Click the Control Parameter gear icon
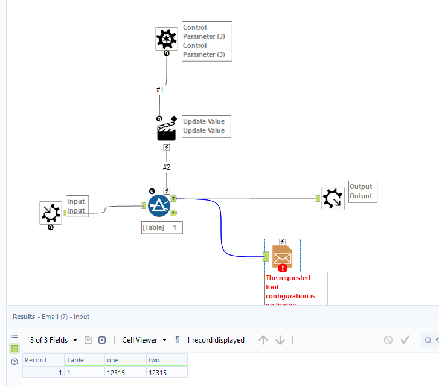166,39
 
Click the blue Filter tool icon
159,205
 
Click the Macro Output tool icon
333,198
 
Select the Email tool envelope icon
283,257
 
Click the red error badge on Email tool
283,268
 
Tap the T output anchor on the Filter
173,198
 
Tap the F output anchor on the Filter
173,212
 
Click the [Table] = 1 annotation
161,228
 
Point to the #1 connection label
159,89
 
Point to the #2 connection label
166,167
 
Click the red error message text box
296,289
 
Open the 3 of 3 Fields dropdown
54,340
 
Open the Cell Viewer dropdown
144,340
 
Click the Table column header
83,360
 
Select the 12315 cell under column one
124,373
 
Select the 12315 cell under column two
167,373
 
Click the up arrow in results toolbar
263,340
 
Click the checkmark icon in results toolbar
405,340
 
